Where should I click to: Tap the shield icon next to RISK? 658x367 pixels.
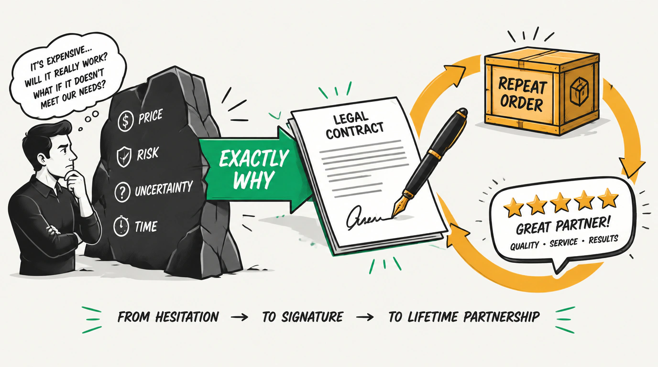(x=124, y=157)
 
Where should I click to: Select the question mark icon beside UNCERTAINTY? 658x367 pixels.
(x=122, y=192)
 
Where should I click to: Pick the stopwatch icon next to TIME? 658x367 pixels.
(x=121, y=226)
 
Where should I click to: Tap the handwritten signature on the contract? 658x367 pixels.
(x=363, y=217)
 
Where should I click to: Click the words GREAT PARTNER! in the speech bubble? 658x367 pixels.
(x=563, y=226)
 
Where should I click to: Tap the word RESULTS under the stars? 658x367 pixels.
(x=603, y=239)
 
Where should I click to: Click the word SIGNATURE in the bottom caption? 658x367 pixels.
(x=312, y=317)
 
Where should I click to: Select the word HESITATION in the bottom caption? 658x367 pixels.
(x=187, y=317)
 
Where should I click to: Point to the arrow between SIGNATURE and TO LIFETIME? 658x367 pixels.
(x=365, y=317)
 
